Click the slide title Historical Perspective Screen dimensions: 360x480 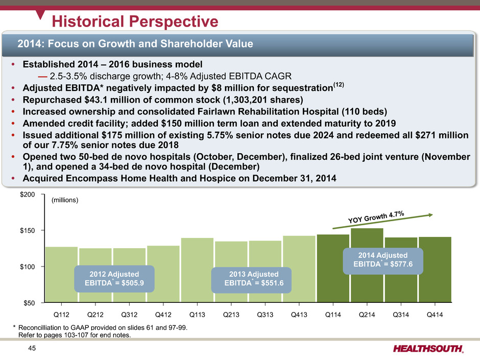point(135,21)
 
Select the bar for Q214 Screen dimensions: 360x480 point(367,265)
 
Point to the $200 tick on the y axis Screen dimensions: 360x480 point(32,195)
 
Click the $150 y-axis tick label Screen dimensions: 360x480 point(32,231)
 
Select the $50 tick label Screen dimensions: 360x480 point(34,303)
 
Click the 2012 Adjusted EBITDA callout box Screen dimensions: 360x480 point(114,278)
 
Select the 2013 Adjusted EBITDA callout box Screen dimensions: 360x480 point(254,279)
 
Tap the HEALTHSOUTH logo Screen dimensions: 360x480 point(429,349)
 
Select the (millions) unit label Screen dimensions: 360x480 point(65,201)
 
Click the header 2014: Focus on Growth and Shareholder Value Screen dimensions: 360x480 point(135,44)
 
